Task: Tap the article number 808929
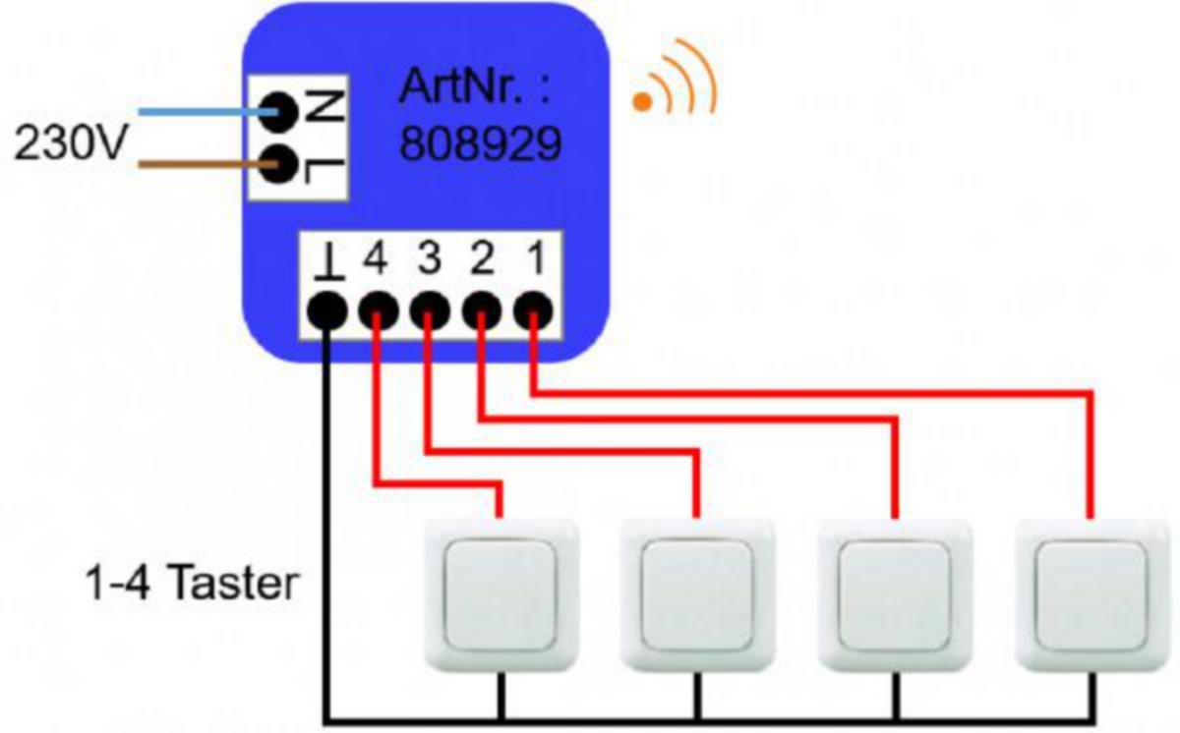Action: [x=480, y=144]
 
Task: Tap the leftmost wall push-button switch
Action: [x=501, y=594]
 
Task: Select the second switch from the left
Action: [x=697, y=594]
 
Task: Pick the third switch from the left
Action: [x=895, y=594]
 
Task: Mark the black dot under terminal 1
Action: [x=532, y=311]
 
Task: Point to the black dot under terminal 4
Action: [x=376, y=311]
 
